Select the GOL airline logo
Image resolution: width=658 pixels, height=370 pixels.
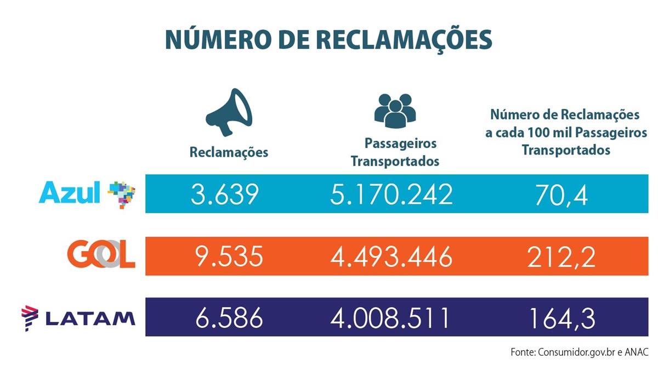pos(101,255)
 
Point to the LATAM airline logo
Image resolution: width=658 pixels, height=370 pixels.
pos(78,317)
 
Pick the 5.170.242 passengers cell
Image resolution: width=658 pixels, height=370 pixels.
pos(392,194)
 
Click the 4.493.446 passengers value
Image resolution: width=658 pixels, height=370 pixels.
pos(392,256)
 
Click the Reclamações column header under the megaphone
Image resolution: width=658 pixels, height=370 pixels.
pos(229,152)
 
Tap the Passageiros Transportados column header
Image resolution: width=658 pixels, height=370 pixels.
pos(395,152)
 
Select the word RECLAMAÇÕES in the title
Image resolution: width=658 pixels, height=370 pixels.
pos(395,41)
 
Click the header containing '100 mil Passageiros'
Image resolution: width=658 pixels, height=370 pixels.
pos(565,133)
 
